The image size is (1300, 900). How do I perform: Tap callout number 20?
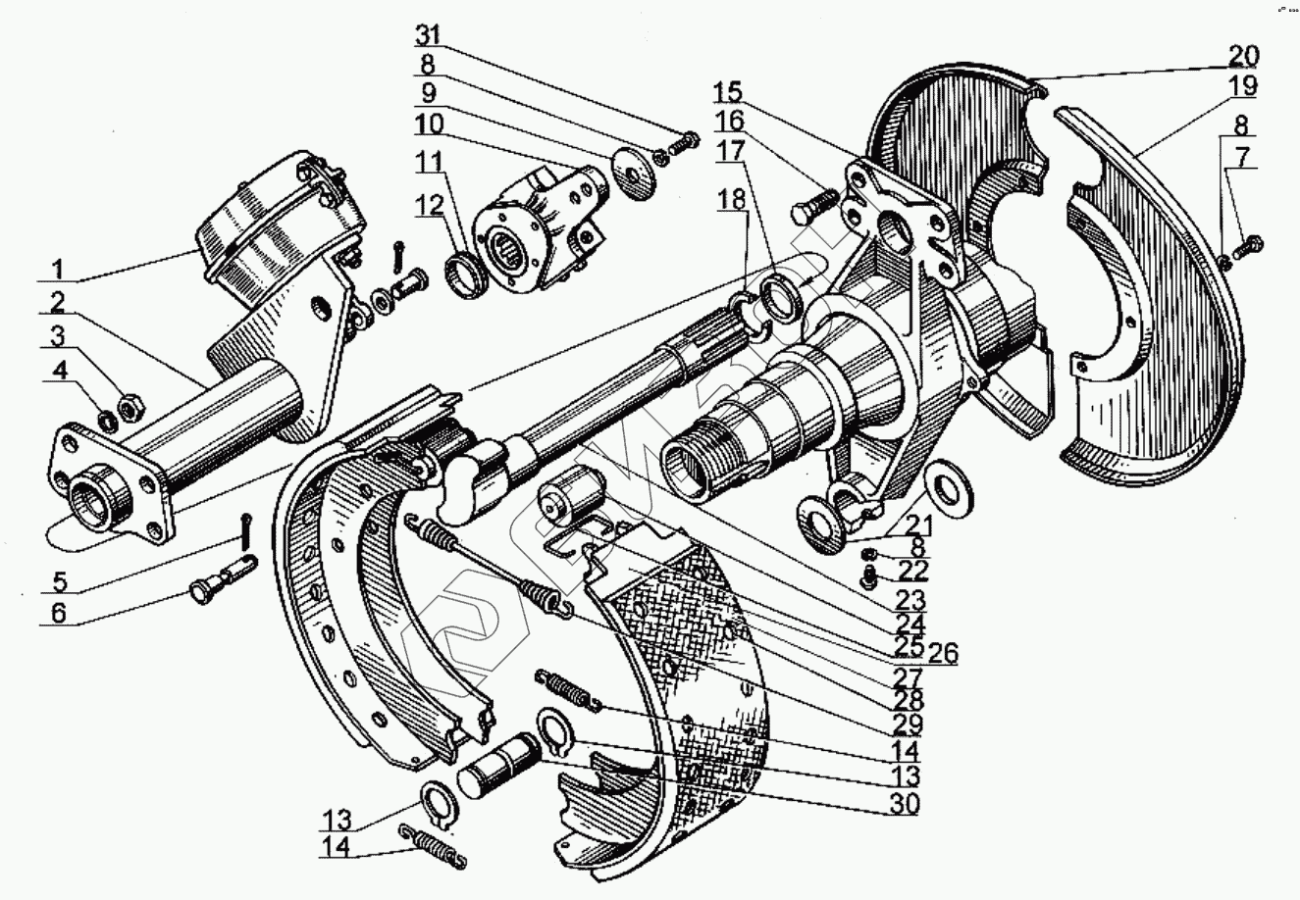coord(1241,55)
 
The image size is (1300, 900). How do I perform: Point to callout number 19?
coord(1241,85)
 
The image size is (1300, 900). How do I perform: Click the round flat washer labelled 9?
coord(624,166)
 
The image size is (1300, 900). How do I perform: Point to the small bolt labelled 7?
coord(1249,244)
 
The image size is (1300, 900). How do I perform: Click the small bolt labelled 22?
coord(868,582)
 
